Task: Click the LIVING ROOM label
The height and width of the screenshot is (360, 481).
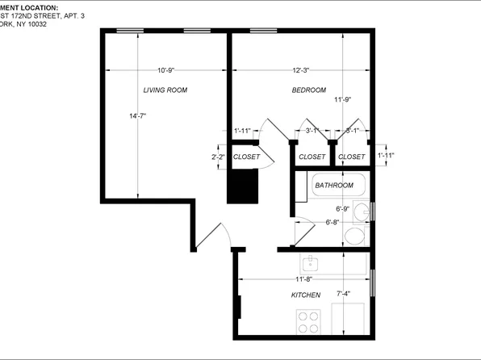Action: tap(165, 90)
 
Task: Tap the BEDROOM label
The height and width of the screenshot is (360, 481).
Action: tap(308, 90)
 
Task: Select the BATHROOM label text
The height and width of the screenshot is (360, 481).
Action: tap(334, 186)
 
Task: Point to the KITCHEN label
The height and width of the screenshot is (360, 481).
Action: tap(306, 295)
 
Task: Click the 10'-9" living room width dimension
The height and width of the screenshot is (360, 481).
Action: tap(166, 69)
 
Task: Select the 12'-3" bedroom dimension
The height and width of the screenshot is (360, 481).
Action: tap(300, 69)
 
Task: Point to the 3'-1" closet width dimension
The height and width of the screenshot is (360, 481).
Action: tap(312, 130)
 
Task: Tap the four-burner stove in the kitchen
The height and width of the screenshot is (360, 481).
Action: tap(307, 324)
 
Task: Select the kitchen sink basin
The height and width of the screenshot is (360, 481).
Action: tap(309, 263)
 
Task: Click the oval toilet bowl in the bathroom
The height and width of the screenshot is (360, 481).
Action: tap(353, 236)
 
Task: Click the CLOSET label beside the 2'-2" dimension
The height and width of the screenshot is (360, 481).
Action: tap(245, 157)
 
